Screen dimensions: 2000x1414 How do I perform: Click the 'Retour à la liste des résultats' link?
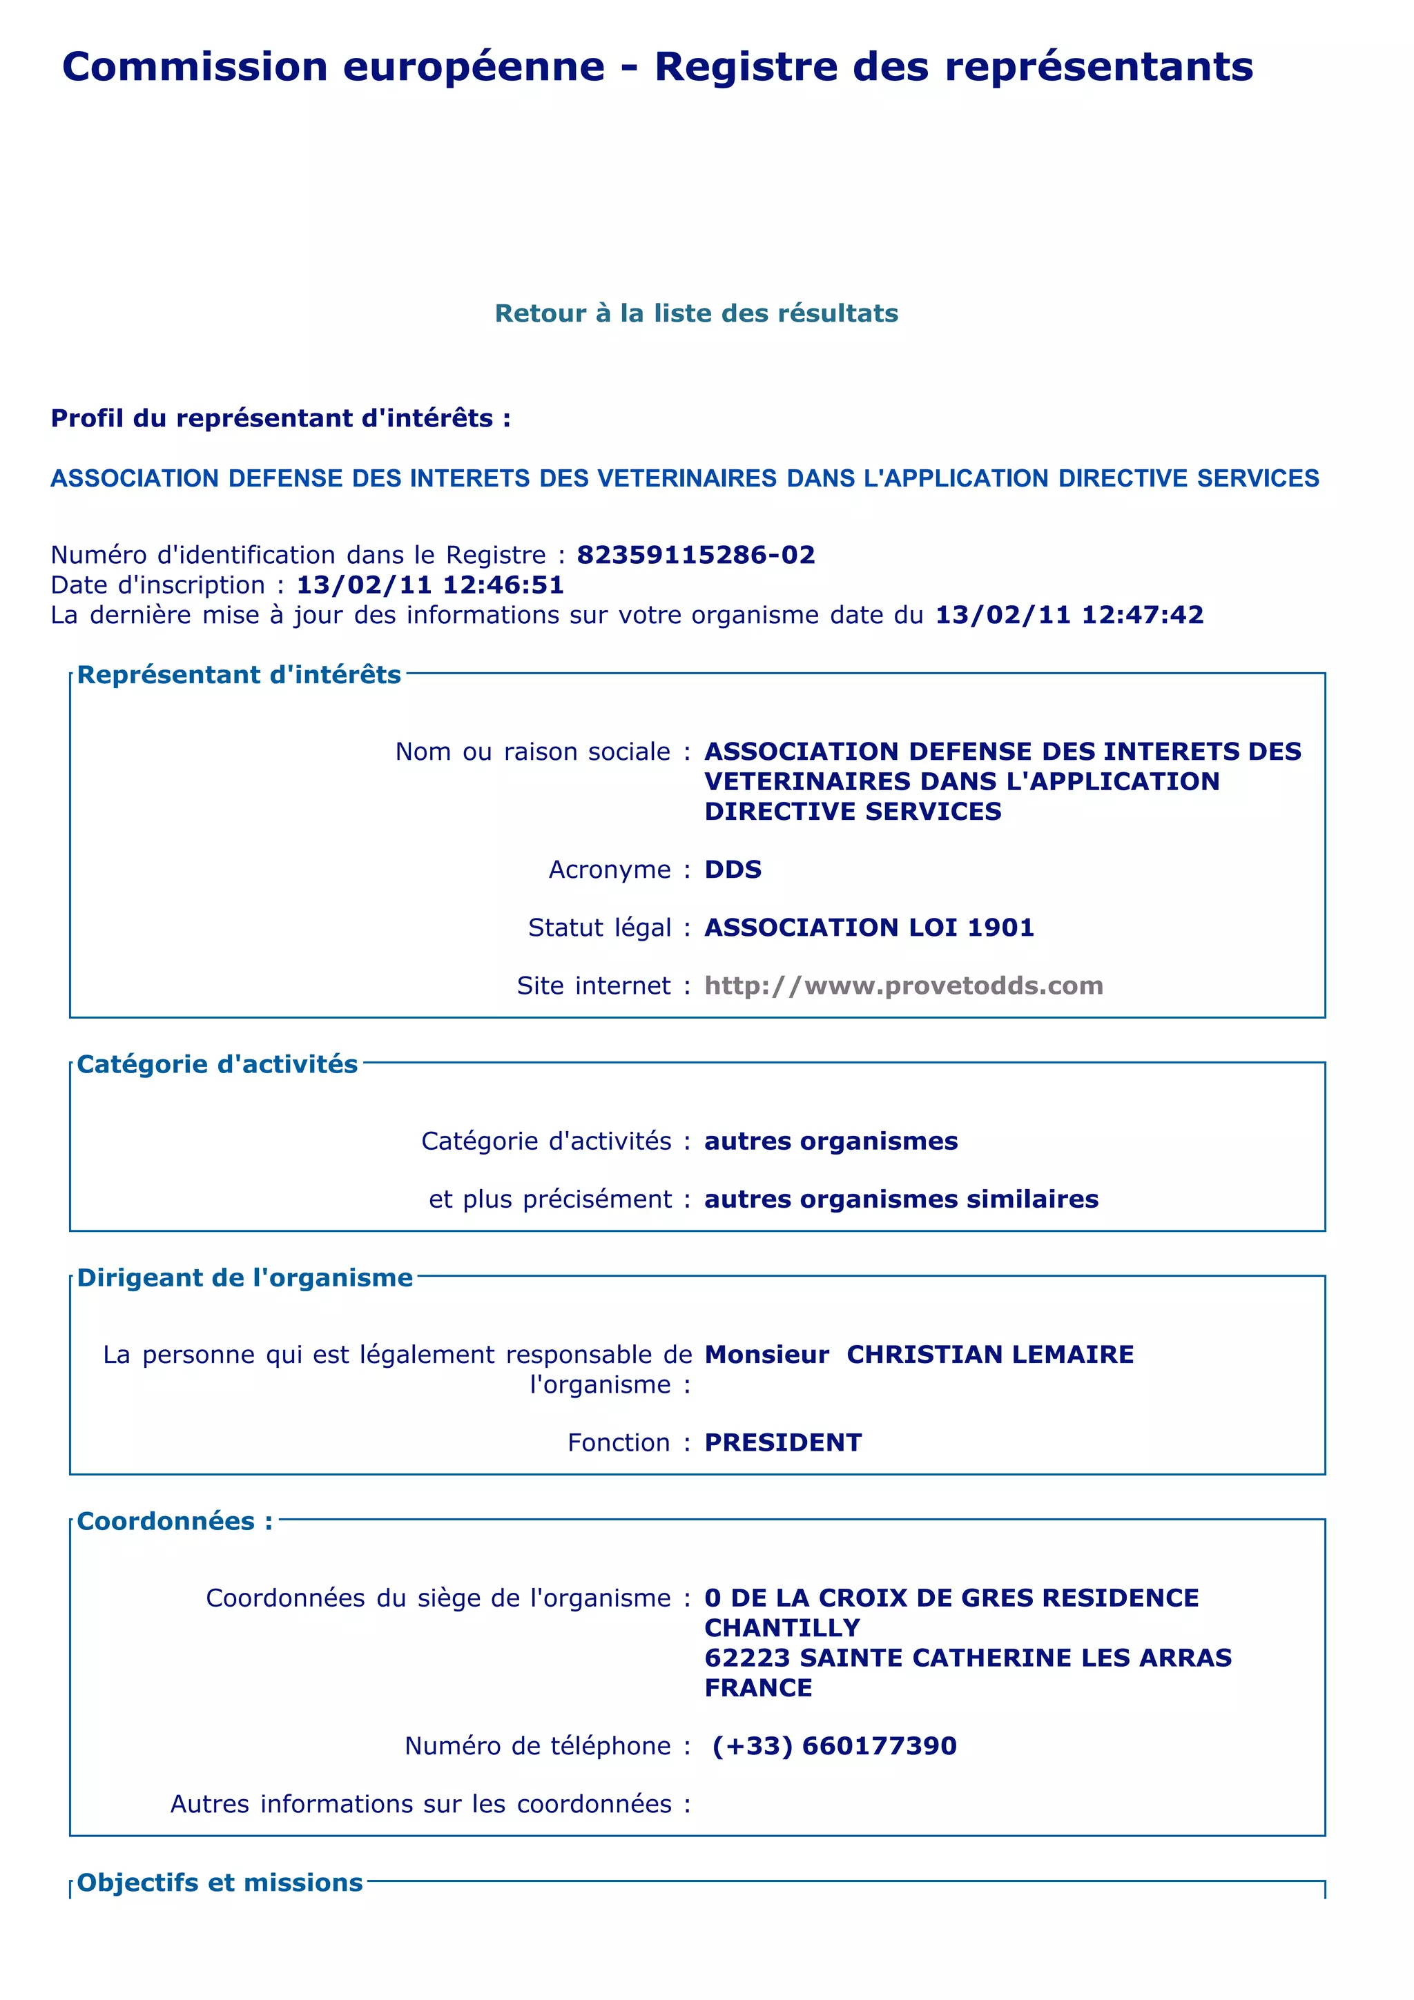(696, 313)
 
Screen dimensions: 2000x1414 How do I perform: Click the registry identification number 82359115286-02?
(695, 555)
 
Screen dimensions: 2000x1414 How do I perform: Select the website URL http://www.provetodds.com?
(904, 986)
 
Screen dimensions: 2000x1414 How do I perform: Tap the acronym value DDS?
(733, 870)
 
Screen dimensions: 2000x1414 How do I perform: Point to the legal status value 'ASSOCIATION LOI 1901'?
(869, 927)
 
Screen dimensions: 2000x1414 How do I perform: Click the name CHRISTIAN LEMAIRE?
(989, 1355)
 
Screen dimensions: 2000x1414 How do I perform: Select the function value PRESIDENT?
(782, 1442)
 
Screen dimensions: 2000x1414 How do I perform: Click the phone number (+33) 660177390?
(834, 1745)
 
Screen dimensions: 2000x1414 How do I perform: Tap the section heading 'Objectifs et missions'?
(220, 1883)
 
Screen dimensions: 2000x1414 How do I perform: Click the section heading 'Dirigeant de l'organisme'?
(245, 1278)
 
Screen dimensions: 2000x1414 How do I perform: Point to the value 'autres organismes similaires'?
(901, 1199)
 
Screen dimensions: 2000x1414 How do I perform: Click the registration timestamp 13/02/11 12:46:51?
(430, 585)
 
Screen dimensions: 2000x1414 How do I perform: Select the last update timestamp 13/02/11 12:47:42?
(1069, 615)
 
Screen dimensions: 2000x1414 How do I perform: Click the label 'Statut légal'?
(599, 928)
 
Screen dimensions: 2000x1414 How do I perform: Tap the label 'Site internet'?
(593, 986)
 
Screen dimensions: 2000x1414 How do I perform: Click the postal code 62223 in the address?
(748, 1658)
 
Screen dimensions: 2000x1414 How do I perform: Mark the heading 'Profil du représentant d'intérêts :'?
(280, 419)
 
